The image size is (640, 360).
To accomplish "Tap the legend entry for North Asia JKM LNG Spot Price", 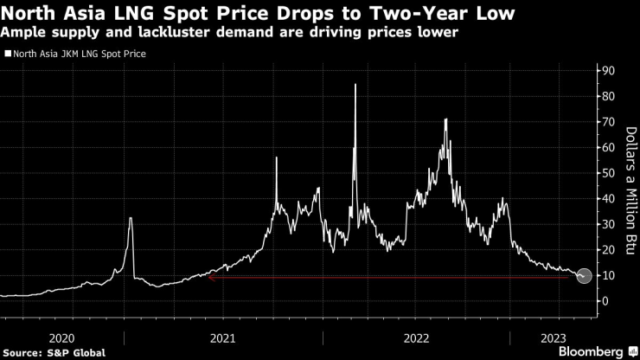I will point(78,54).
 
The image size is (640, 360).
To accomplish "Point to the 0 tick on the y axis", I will point(606,301).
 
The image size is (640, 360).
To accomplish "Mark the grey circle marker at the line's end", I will point(585,276).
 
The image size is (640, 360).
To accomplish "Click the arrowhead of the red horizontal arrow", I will point(211,278).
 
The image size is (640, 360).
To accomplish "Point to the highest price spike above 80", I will point(355,85).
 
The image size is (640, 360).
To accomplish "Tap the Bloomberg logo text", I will point(586,351).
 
